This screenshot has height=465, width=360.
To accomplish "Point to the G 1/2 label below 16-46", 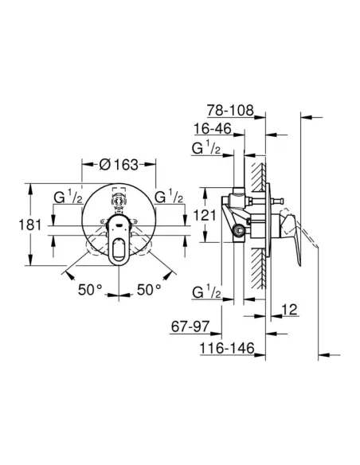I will (206, 149).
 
